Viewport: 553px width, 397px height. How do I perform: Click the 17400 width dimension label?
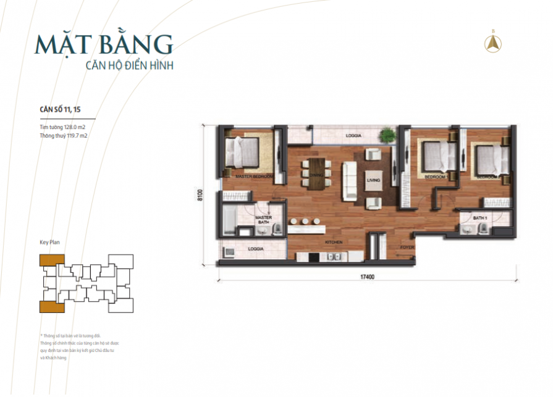369,277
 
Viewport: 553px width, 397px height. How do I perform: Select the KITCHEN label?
334,242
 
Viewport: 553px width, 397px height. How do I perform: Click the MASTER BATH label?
264,219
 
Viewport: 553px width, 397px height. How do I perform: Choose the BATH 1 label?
480,218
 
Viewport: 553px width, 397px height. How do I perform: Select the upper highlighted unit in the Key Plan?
48,259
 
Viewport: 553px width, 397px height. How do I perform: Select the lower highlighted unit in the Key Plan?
48,307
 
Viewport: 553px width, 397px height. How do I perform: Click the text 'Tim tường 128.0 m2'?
66,127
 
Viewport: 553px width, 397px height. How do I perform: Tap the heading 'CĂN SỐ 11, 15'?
59,109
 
